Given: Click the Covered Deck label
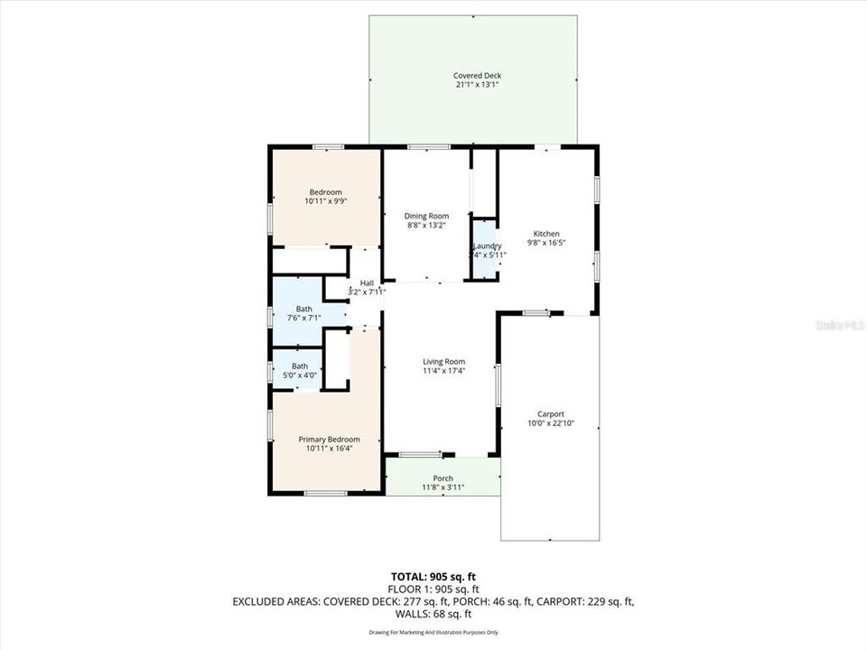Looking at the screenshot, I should [x=477, y=76].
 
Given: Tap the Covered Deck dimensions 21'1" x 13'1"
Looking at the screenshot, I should [x=477, y=85].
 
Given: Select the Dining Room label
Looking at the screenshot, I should [x=426, y=216].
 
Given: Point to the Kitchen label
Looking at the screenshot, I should [x=546, y=233].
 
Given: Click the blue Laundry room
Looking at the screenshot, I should [x=486, y=249].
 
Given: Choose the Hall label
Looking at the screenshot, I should [x=367, y=283].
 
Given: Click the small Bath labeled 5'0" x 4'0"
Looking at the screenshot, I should [x=299, y=370].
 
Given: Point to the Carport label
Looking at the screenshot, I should [x=551, y=414].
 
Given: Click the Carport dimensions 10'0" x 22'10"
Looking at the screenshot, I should [x=551, y=423].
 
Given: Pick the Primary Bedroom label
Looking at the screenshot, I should [x=322, y=440].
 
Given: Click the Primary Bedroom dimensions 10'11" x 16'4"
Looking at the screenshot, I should [x=322, y=449].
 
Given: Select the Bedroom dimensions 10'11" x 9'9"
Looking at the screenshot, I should [x=326, y=201].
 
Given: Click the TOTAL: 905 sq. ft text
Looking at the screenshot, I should [x=433, y=575].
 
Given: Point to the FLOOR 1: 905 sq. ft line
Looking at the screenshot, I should [x=433, y=588].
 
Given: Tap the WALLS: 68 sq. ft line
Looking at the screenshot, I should [x=433, y=613].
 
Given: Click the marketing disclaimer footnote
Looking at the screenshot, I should [x=433, y=632].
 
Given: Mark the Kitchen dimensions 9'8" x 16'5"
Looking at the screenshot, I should [x=546, y=242].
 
